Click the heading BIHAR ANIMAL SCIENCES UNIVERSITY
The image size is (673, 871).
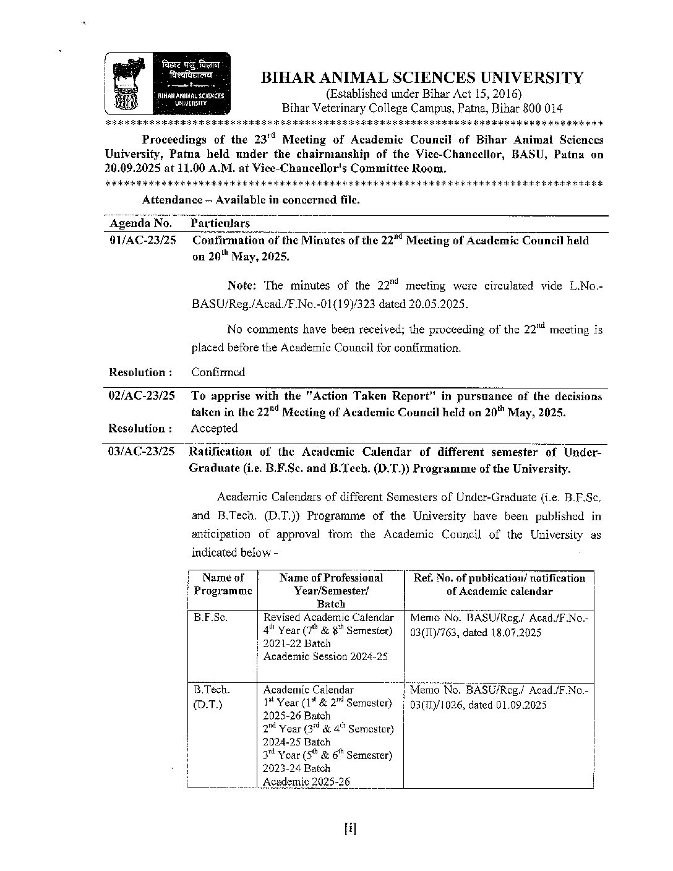point(421,78)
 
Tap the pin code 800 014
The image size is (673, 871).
point(542,108)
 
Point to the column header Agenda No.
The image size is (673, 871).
point(140,223)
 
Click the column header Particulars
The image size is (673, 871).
point(220,223)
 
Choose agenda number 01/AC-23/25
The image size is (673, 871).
point(142,241)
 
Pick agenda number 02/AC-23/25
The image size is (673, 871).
point(142,396)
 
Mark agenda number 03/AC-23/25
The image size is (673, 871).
point(142,452)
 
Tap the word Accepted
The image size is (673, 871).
point(214,428)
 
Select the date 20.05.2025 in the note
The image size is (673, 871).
point(440,304)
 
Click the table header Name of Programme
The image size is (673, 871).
point(223,584)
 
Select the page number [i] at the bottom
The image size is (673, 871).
point(350,830)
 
